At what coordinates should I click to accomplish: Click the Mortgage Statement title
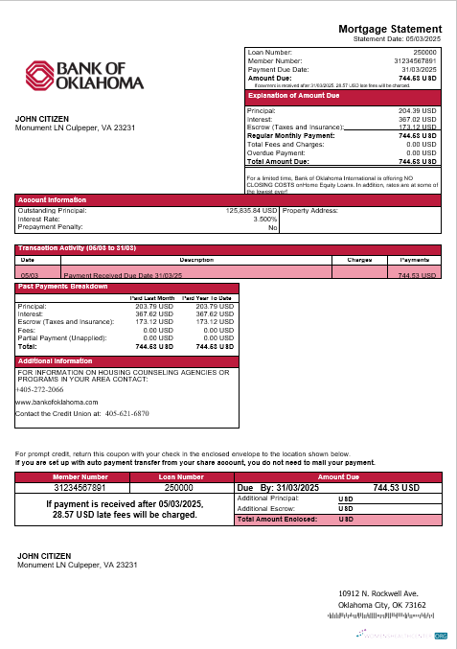(x=390, y=30)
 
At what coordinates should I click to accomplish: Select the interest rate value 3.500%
(x=264, y=219)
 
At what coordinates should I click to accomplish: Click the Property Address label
(x=310, y=210)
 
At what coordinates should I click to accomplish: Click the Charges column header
(x=359, y=259)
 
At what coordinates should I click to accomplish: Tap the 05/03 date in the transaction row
(x=29, y=274)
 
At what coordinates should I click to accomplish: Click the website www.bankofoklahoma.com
(x=57, y=402)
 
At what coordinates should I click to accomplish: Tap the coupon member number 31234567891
(x=80, y=487)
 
